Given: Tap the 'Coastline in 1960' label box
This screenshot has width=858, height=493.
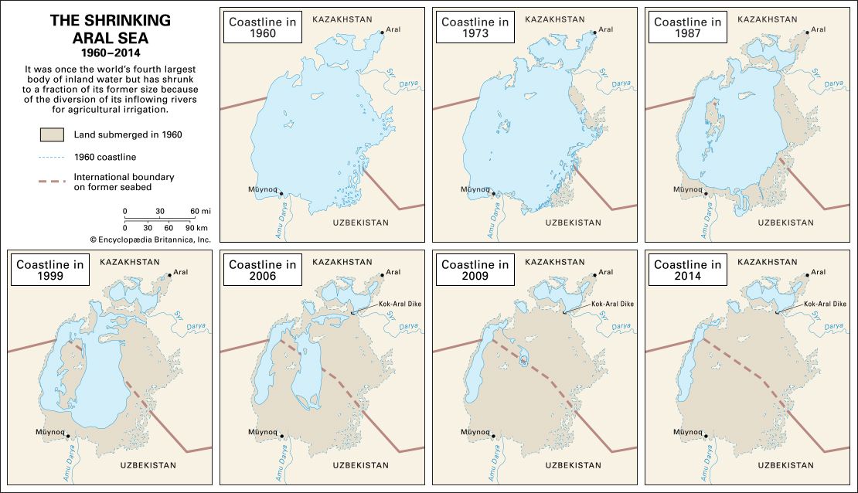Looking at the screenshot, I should coord(262,29).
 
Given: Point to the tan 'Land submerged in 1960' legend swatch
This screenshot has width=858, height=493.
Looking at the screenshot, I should coord(51,134).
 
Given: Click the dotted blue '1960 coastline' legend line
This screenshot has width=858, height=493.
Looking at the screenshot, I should coord(51,157).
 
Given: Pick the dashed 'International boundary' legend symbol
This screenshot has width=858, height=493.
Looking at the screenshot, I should coord(51,182).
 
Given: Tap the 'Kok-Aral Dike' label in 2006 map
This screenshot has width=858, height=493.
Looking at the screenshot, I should coord(400,304).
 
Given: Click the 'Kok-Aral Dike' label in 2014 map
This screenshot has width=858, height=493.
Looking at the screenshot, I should coord(825,304).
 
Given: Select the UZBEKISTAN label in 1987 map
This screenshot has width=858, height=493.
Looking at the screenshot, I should coord(786,223).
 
